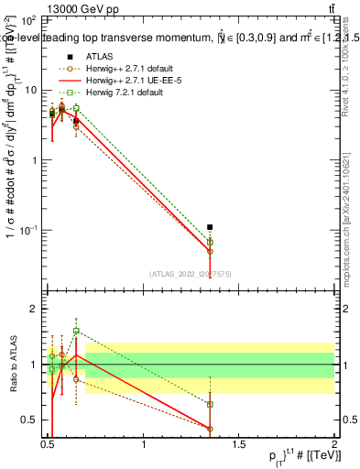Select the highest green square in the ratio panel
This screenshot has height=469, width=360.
pos(76,331)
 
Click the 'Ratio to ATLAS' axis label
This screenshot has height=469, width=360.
pos(12,365)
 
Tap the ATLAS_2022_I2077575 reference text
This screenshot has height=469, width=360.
pos(190,273)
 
